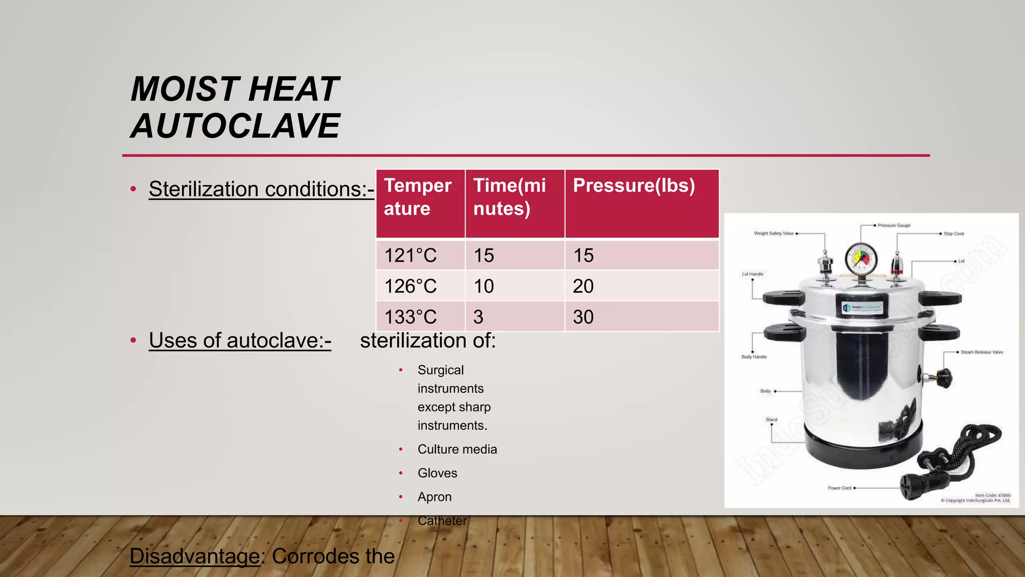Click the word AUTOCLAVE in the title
[x=235, y=126]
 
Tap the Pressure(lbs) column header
[x=634, y=186]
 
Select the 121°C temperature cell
[x=410, y=255]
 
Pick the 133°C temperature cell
[x=410, y=317]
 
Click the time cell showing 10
[x=483, y=286]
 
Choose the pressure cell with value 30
[x=584, y=317]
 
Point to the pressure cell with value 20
[x=584, y=286]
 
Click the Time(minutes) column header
[x=509, y=197]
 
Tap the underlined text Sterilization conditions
[x=261, y=189]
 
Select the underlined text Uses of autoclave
[x=240, y=341]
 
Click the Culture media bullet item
[x=457, y=449]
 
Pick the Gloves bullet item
[x=437, y=473]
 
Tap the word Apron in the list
[x=434, y=497]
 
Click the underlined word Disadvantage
[x=195, y=556]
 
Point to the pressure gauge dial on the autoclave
[x=861, y=259]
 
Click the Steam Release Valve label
[x=981, y=352]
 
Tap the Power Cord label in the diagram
[x=839, y=488]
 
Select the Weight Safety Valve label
[x=774, y=233]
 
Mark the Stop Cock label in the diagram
[x=953, y=234]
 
